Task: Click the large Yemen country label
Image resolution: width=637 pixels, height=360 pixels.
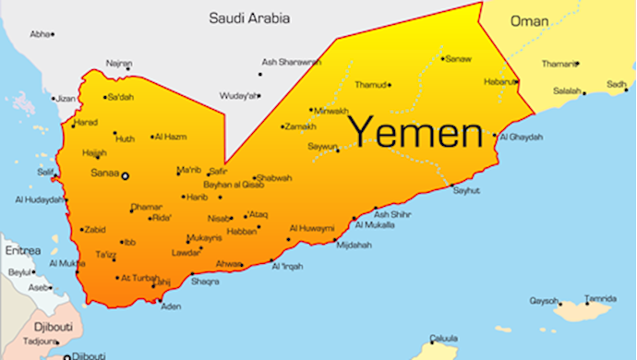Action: [x=415, y=131]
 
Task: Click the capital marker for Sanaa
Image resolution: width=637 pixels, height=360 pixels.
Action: [x=126, y=175]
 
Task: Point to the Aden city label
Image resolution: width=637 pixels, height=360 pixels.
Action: [x=171, y=306]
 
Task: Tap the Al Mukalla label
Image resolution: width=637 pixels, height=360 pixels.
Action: [x=374, y=224]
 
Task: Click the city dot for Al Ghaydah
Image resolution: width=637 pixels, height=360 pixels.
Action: [x=499, y=138]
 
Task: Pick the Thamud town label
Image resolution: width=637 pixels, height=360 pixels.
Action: [x=369, y=84]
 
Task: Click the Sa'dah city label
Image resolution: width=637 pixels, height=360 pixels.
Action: [x=122, y=97]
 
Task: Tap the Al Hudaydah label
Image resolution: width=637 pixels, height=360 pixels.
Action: [x=38, y=199]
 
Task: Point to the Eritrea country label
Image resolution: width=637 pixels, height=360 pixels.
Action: [x=22, y=249]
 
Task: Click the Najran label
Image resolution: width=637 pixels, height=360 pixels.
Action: [x=118, y=64]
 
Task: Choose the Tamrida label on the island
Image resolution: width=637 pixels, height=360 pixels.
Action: [x=600, y=298]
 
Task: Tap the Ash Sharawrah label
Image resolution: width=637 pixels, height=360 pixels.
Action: [x=291, y=63]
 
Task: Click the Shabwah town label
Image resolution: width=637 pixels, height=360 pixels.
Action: [x=275, y=178]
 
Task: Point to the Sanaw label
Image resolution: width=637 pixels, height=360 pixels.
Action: [x=459, y=59]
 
